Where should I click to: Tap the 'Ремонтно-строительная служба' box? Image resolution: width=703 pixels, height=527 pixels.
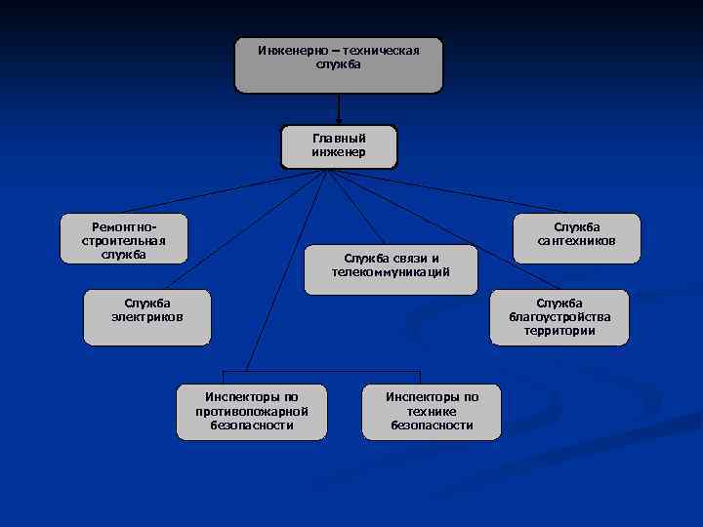pos(123,240)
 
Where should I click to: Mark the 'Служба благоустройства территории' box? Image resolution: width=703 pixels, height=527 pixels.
pos(558,317)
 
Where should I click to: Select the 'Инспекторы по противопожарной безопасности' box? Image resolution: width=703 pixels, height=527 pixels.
pos(252,412)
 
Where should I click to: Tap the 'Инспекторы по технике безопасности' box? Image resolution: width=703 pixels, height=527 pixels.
pos(432,412)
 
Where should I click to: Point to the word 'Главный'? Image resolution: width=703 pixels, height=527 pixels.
pos(339,139)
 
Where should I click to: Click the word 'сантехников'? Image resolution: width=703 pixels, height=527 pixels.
pos(576,241)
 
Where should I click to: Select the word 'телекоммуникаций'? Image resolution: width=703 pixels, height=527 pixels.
pos(391,272)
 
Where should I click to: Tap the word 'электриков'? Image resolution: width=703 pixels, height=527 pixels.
pos(146,317)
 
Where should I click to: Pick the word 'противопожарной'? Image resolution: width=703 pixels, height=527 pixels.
pos(252,411)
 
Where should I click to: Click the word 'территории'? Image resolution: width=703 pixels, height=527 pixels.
pos(558,331)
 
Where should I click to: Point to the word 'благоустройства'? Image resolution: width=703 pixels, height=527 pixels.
pos(558,317)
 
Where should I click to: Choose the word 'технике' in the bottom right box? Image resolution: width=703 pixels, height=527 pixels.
pos(432,411)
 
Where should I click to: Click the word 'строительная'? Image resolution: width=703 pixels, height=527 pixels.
pos(123,240)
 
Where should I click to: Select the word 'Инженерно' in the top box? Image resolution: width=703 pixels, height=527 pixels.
pos(288,50)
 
